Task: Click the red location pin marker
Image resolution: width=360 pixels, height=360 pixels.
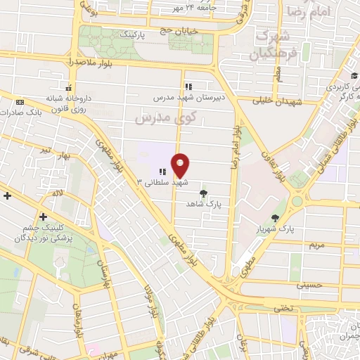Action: point(181,165)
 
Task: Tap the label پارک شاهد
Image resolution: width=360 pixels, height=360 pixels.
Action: point(204,203)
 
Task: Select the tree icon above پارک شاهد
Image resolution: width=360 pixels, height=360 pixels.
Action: point(204,192)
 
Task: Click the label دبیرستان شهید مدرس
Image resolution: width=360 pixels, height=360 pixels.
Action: point(191,98)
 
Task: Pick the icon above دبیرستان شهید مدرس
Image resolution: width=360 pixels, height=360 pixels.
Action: point(188,86)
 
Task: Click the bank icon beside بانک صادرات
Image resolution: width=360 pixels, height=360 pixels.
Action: point(18,103)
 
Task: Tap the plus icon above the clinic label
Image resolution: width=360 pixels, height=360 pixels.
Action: point(44,217)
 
